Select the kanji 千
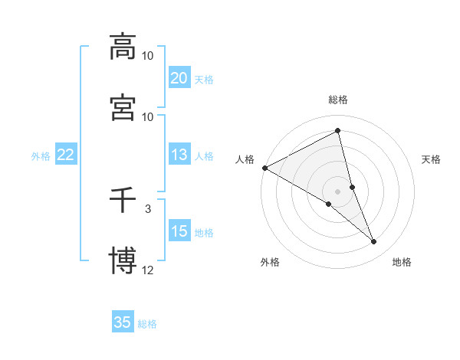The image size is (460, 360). pyautogui.click(x=123, y=201)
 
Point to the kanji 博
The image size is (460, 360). pyautogui.click(x=123, y=260)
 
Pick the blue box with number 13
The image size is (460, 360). pyautogui.click(x=179, y=155)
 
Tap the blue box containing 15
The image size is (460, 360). pyautogui.click(x=179, y=232)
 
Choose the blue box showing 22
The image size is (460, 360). pyautogui.click(x=66, y=155)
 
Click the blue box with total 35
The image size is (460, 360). pyautogui.click(x=123, y=322)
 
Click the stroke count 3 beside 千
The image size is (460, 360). pyautogui.click(x=148, y=208)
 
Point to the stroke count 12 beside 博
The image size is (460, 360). pyautogui.click(x=148, y=270)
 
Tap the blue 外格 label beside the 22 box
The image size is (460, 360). pyautogui.click(x=41, y=156)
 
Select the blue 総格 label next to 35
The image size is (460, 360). pyautogui.click(x=147, y=324)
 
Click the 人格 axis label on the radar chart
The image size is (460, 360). pyautogui.click(x=245, y=159)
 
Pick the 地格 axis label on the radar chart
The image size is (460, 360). pyautogui.click(x=402, y=262)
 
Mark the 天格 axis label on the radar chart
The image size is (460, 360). pyautogui.click(x=431, y=159)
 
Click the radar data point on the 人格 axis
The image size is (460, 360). pyautogui.click(x=264, y=168)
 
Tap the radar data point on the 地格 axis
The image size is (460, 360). pyautogui.click(x=374, y=242)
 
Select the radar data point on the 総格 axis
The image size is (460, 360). pyautogui.click(x=338, y=131)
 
